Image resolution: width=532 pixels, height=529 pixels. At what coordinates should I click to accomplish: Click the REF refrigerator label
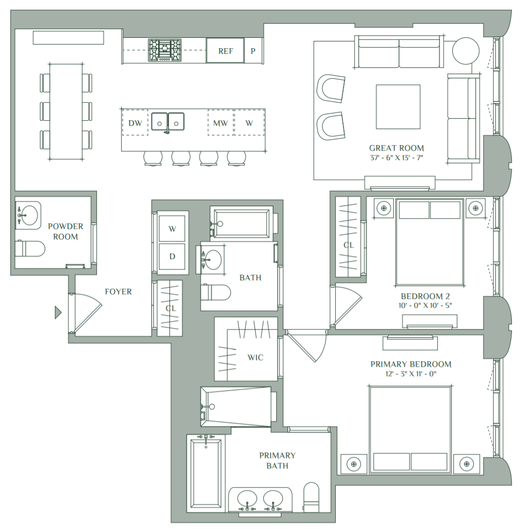226,51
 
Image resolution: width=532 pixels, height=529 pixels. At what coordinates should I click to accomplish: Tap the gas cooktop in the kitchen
165,50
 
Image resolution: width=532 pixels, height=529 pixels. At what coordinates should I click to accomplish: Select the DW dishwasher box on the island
135,123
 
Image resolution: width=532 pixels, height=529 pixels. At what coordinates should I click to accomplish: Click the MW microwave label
221,123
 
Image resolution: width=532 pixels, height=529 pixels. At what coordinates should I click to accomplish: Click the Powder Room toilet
30,249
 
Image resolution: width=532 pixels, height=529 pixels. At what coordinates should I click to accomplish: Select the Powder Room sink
28,215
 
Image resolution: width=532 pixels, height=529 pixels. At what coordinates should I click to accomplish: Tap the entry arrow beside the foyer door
59,312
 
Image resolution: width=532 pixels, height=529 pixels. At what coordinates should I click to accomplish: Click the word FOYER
118,292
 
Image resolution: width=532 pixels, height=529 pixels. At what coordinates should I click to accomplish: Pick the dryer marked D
172,256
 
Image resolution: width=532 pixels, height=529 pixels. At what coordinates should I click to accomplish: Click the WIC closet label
255,358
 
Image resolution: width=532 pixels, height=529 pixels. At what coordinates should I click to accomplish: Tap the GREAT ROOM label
396,148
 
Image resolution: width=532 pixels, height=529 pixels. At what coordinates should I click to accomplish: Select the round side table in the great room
466,51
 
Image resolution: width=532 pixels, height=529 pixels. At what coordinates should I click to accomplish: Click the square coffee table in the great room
398,107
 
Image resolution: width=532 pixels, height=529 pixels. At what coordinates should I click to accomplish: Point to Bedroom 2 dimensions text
425,305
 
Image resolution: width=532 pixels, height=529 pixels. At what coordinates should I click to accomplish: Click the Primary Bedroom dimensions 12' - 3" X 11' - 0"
411,374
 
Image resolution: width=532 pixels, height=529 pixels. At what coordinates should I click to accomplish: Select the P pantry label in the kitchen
253,51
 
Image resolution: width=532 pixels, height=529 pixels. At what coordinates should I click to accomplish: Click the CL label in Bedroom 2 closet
349,245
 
